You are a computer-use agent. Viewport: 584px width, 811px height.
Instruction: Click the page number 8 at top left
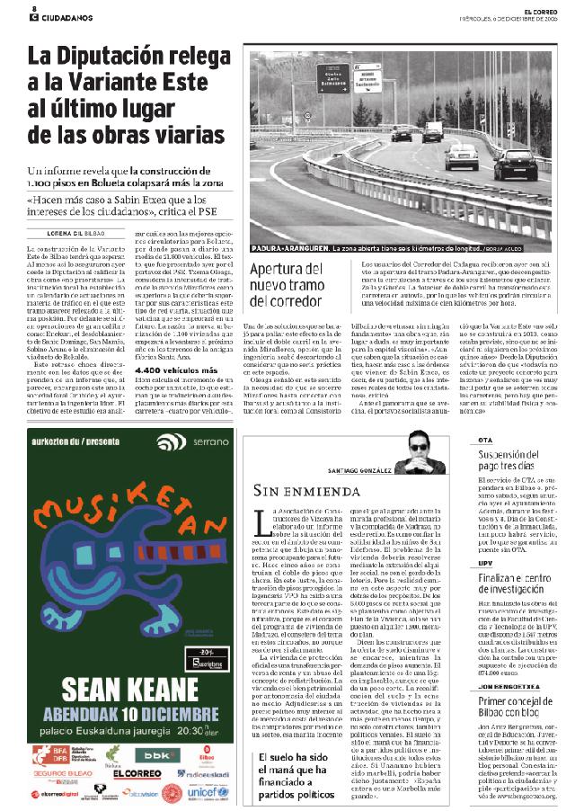click(32, 7)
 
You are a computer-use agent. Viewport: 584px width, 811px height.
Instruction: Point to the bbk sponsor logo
click(167, 755)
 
